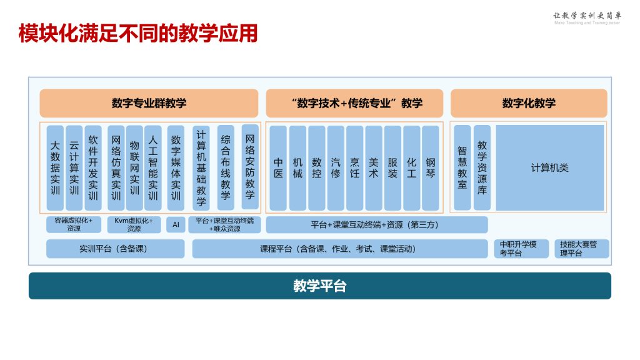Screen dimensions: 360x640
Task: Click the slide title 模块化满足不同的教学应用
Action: click(138, 33)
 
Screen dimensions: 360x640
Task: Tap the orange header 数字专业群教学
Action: click(149, 103)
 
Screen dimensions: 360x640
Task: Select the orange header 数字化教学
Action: click(529, 103)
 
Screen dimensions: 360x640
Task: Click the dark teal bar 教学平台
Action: click(319, 286)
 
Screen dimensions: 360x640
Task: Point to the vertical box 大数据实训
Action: click(56, 167)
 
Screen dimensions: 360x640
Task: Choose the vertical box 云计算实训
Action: click(74, 167)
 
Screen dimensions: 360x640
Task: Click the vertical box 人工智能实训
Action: click(153, 167)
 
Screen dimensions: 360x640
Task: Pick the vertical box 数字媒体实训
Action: click(176, 167)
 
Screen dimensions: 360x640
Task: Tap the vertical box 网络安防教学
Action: click(250, 167)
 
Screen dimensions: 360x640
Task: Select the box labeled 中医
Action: click(279, 167)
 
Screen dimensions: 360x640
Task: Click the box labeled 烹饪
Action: click(355, 167)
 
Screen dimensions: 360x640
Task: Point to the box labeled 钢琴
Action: click(431, 167)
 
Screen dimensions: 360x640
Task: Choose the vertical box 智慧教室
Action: click(462, 167)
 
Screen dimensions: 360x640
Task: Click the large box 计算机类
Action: click(550, 167)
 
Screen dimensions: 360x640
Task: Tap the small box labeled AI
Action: click(176, 224)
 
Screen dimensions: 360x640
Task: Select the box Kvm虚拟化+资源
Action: click(134, 224)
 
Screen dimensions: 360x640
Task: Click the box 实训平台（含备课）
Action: click(116, 249)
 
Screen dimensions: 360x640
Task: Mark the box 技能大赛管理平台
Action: click(581, 249)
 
